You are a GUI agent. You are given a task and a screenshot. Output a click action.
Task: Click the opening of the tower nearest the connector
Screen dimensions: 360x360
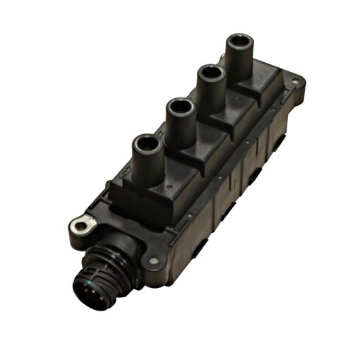pyautogui.click(x=147, y=143)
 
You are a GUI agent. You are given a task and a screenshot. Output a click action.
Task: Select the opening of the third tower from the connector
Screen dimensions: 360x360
pyautogui.click(x=210, y=74)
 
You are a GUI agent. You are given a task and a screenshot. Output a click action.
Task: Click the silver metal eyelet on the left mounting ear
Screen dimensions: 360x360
pyautogui.click(x=83, y=224)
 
